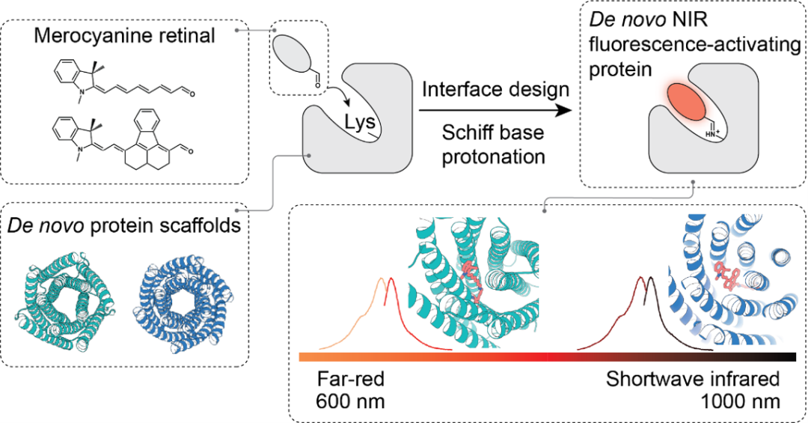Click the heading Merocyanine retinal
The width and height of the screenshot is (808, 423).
point(124,36)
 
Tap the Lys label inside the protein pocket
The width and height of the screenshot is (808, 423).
point(360,123)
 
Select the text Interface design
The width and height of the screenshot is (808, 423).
point(495,89)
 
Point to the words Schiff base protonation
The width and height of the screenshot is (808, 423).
point(493,144)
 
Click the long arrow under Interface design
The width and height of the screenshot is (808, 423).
point(495,110)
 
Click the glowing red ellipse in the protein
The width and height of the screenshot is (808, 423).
point(686,101)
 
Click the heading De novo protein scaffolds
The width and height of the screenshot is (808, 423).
point(124,225)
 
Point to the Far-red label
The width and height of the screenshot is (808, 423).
point(350,379)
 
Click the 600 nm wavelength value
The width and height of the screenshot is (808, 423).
point(350,401)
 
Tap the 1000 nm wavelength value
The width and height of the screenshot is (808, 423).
point(740,401)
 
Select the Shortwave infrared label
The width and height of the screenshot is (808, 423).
point(693,379)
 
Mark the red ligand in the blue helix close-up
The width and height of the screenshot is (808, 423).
point(729,276)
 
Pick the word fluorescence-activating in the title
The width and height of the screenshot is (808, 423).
point(694,45)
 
